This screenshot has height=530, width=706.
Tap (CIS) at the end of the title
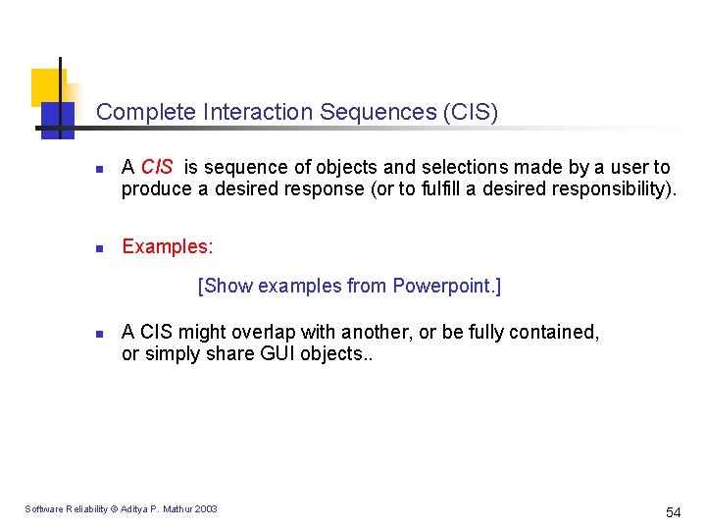pyautogui.click(x=471, y=113)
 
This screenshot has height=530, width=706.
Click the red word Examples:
pyautogui.click(x=167, y=246)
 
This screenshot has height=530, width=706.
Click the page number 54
pyautogui.click(x=673, y=512)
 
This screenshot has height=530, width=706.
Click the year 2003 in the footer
pyautogui.click(x=206, y=508)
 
